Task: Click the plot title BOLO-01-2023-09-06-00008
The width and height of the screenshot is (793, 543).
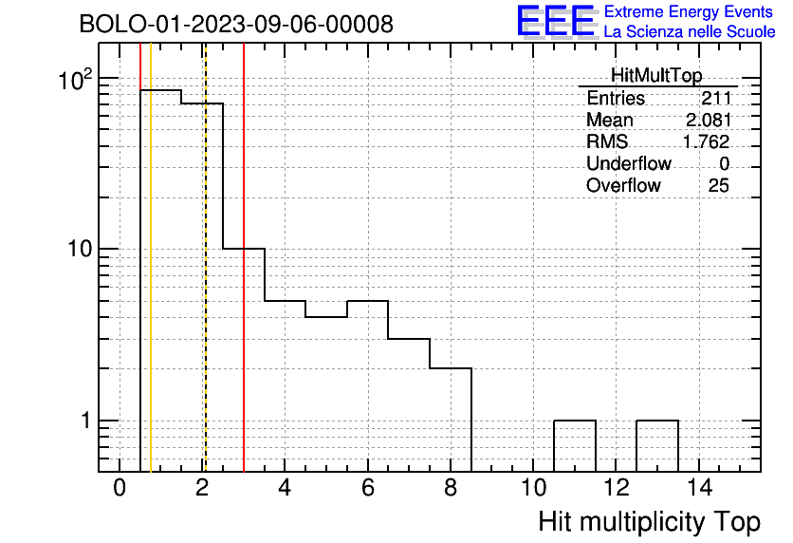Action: click(236, 24)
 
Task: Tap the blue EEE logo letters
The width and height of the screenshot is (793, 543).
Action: click(556, 21)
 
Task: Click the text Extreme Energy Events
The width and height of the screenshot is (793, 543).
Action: click(689, 11)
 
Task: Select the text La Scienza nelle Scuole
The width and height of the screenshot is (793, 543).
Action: click(690, 32)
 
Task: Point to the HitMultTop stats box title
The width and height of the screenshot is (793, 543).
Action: click(656, 75)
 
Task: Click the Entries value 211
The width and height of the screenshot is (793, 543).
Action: click(716, 98)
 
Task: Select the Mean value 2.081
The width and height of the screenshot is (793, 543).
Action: click(709, 120)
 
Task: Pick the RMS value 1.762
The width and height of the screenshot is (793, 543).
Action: click(707, 141)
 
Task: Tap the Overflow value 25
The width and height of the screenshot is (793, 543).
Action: click(719, 185)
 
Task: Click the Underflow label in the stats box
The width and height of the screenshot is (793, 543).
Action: click(629, 163)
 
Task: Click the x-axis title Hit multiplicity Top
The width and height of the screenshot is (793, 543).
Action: click(650, 522)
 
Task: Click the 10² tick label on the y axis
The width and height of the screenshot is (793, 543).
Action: click(76, 80)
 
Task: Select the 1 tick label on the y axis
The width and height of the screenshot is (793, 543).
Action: click(86, 420)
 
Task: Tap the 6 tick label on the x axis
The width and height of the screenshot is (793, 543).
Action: click(368, 488)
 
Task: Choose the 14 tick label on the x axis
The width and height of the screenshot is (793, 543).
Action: click(699, 488)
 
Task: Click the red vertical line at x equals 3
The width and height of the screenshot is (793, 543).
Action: click(244, 257)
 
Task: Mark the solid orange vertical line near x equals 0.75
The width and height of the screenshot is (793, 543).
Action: click(151, 257)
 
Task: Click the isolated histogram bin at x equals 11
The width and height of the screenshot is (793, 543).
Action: click(575, 421)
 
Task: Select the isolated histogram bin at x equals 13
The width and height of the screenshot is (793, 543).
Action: click(657, 421)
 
